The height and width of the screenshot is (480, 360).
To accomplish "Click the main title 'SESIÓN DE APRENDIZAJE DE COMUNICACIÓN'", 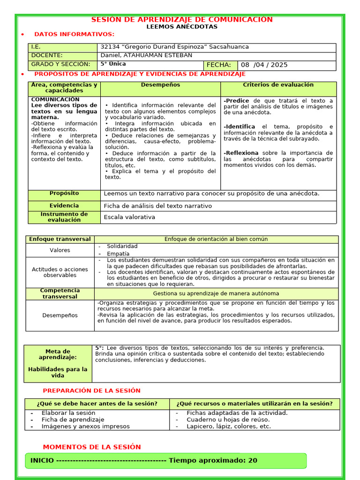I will click(181, 20).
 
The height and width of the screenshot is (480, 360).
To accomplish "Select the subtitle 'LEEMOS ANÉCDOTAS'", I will click(182, 27).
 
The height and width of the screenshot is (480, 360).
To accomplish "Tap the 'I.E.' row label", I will click(36, 47).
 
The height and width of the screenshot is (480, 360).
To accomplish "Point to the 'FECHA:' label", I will click(218, 65).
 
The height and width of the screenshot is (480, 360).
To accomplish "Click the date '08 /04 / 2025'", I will click(264, 65).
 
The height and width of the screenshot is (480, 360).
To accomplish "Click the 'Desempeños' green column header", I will click(160, 85).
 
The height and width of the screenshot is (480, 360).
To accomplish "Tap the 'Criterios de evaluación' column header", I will click(278, 85).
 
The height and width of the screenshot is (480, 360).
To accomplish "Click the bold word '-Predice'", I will click(237, 101).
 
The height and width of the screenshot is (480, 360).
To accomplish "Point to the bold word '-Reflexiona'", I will click(241, 153).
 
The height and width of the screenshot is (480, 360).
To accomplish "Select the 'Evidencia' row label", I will click(64, 206).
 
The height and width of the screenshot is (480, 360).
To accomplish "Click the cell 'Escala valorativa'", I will click(129, 217).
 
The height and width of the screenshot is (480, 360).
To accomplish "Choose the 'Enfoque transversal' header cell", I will click(60, 239).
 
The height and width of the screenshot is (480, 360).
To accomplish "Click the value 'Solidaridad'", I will click(122, 246).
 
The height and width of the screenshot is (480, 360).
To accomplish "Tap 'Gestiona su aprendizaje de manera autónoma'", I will click(216, 293).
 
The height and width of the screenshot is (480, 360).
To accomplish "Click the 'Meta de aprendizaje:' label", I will click(58, 354).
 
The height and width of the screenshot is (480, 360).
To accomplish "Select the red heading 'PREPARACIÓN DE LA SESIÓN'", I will click(91, 390).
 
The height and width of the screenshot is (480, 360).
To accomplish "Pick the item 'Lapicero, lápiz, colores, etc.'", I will click(228, 427).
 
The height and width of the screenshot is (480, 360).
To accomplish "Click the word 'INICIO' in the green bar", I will click(42, 460).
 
